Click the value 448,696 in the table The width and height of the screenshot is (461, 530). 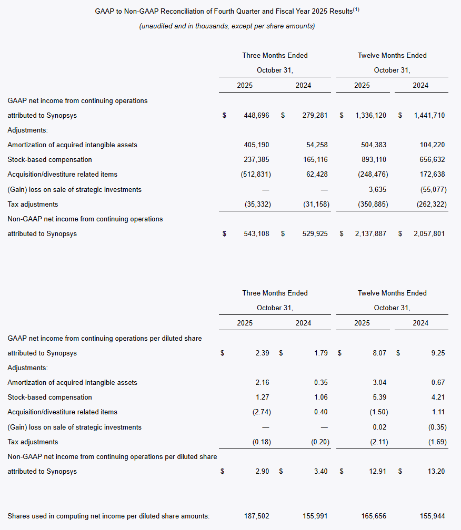(256, 115)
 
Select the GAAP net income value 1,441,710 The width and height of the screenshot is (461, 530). (429, 115)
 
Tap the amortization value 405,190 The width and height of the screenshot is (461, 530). (256, 145)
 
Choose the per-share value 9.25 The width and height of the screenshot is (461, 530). (437, 353)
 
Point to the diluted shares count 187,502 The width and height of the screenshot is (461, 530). (257, 516)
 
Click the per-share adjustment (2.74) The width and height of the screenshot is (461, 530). (262, 412)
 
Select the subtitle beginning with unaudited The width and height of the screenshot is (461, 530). (227, 26)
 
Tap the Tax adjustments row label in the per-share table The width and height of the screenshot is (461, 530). (33, 442)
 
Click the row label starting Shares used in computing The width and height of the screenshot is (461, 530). (108, 516)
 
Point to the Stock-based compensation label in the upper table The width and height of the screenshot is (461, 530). (49, 159)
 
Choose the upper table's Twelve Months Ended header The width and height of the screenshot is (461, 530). (392, 55)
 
